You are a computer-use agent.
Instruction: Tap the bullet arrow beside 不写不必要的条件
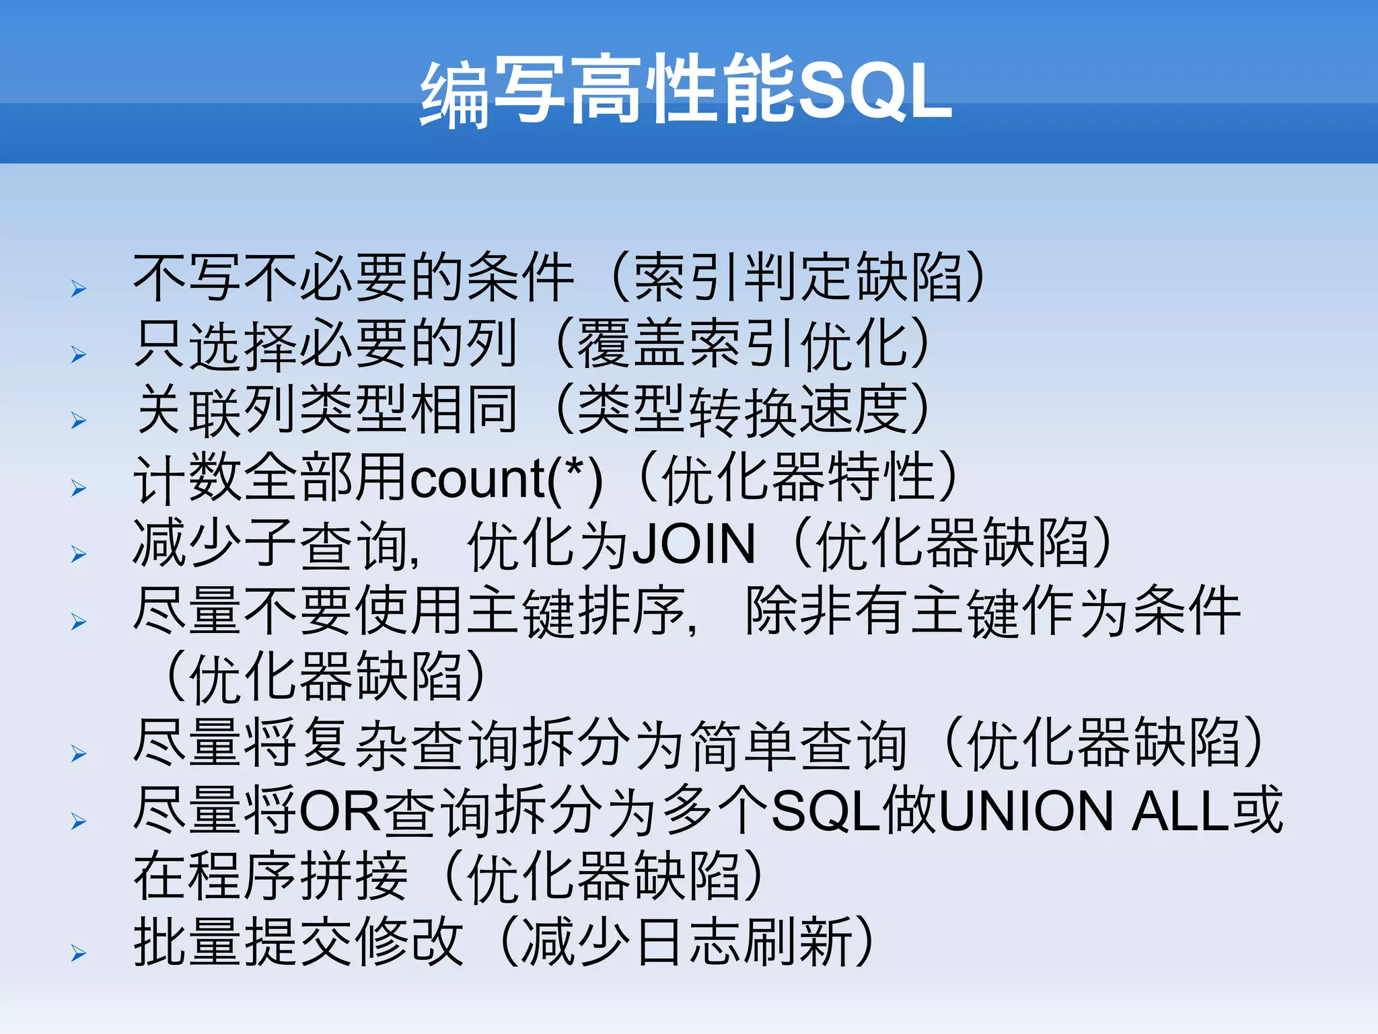pyautogui.click(x=79, y=289)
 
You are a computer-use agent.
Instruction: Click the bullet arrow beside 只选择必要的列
pyautogui.click(x=79, y=355)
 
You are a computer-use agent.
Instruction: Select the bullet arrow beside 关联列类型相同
pyautogui.click(x=79, y=421)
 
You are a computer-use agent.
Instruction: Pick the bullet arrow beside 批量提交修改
pyautogui.click(x=79, y=953)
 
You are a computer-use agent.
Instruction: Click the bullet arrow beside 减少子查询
pyautogui.click(x=79, y=554)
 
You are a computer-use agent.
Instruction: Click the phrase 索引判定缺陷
pyautogui.click(x=798, y=277)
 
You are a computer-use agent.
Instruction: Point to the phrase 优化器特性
pyautogui.click(x=798, y=478)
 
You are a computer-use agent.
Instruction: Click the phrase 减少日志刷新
pyautogui.click(x=686, y=943)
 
